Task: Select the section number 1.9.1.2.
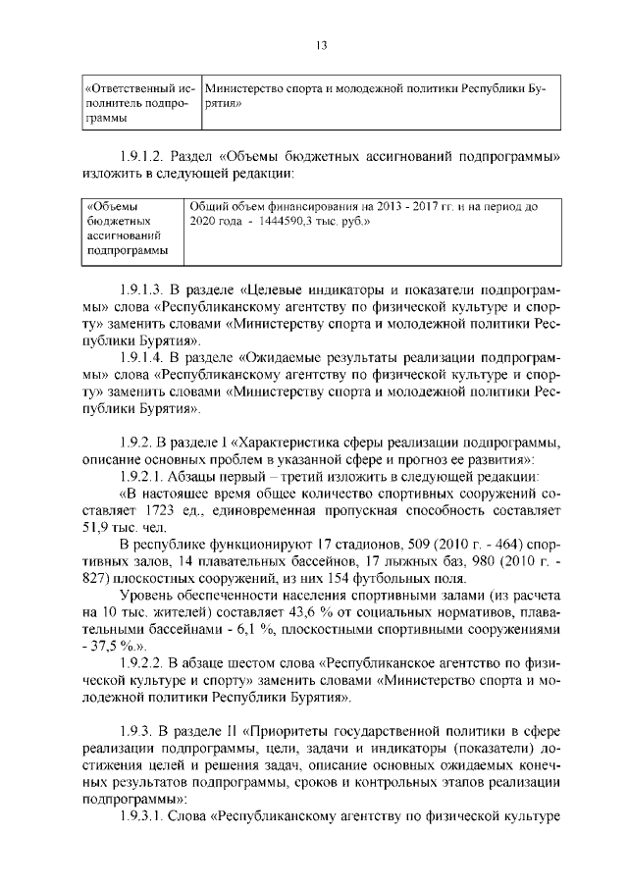click(142, 156)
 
